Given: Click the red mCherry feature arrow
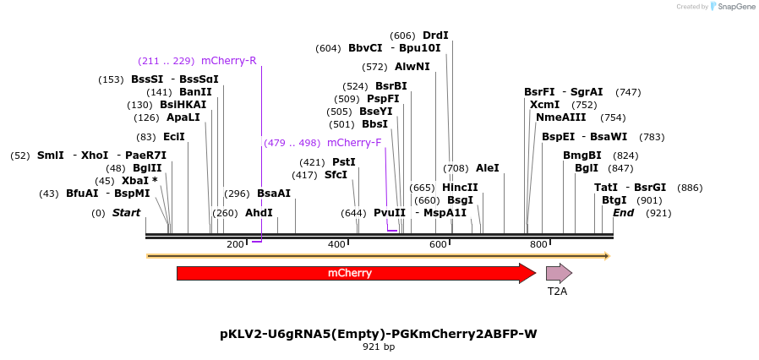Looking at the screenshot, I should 355,273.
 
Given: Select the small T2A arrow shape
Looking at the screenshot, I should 559,273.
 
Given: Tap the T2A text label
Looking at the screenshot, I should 557,292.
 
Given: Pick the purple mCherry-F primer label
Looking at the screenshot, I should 354,143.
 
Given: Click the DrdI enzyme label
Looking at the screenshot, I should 435,35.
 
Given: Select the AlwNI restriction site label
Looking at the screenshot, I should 412,67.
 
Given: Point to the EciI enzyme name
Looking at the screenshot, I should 174,137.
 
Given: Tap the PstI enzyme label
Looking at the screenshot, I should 344,162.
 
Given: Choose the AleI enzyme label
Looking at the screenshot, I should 488,168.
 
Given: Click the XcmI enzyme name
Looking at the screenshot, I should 545,105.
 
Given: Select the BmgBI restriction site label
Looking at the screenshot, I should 582,155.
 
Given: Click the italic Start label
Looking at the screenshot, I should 126,213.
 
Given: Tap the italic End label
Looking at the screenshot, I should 623,213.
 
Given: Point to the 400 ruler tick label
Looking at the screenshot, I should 336,244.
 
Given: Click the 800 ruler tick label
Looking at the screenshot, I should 538,244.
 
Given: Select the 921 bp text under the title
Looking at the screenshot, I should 379,346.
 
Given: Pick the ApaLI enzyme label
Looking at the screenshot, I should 183,117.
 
